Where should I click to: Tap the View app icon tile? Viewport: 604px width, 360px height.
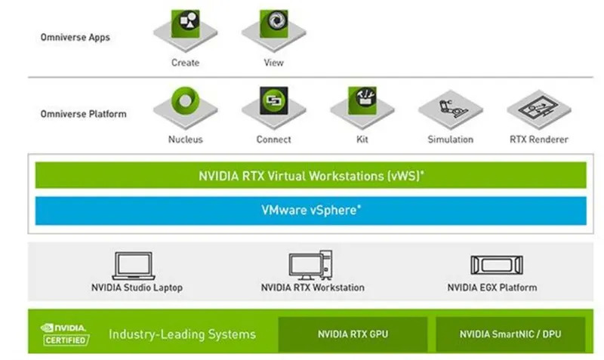pyautogui.click(x=273, y=28)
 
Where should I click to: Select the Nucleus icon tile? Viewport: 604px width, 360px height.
pyautogui.click(x=185, y=106)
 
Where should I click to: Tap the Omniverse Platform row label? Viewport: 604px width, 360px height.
pyautogui.click(x=83, y=114)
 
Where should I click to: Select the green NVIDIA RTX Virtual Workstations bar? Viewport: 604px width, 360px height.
pyautogui.click(x=310, y=175)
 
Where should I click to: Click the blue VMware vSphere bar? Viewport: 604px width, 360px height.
pyautogui.click(x=310, y=211)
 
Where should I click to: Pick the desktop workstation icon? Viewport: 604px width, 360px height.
pyautogui.click(x=311, y=266)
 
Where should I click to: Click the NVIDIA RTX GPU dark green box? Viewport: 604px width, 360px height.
pyautogui.click(x=353, y=334)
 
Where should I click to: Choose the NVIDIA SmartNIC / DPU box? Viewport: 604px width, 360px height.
pyautogui.click(x=510, y=334)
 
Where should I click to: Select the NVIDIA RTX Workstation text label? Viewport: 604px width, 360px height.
pyautogui.click(x=313, y=288)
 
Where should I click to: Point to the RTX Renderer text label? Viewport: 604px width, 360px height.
pyautogui.click(x=538, y=140)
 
